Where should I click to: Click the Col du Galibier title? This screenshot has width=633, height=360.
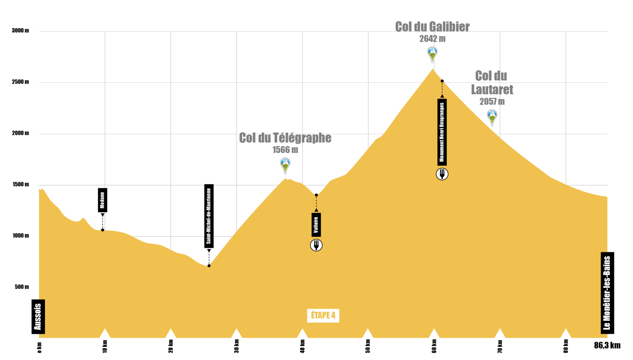click(432, 27)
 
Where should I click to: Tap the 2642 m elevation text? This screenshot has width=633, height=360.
click(432, 39)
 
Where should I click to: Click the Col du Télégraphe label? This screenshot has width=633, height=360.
click(285, 138)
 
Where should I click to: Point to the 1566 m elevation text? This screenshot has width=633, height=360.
click(285, 150)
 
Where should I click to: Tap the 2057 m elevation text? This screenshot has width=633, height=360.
click(492, 101)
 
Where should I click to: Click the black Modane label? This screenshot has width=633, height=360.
click(103, 200)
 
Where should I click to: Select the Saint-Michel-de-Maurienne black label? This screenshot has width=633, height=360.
click(209, 216)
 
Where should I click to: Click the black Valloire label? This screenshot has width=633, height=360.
click(316, 225)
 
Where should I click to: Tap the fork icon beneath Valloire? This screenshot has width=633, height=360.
click(316, 245)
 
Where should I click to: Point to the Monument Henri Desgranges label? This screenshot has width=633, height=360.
click(442, 132)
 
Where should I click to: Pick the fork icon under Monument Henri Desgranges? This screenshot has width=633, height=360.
click(442, 174)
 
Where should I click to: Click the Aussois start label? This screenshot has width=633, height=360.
click(38, 317)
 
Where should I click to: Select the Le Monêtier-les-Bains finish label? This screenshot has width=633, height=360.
click(607, 293)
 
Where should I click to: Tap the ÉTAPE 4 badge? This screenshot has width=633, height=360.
click(323, 316)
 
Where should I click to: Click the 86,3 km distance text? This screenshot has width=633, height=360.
click(607, 345)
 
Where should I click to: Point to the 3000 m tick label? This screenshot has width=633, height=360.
click(20, 31)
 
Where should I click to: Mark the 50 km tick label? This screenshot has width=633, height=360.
click(368, 346)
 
